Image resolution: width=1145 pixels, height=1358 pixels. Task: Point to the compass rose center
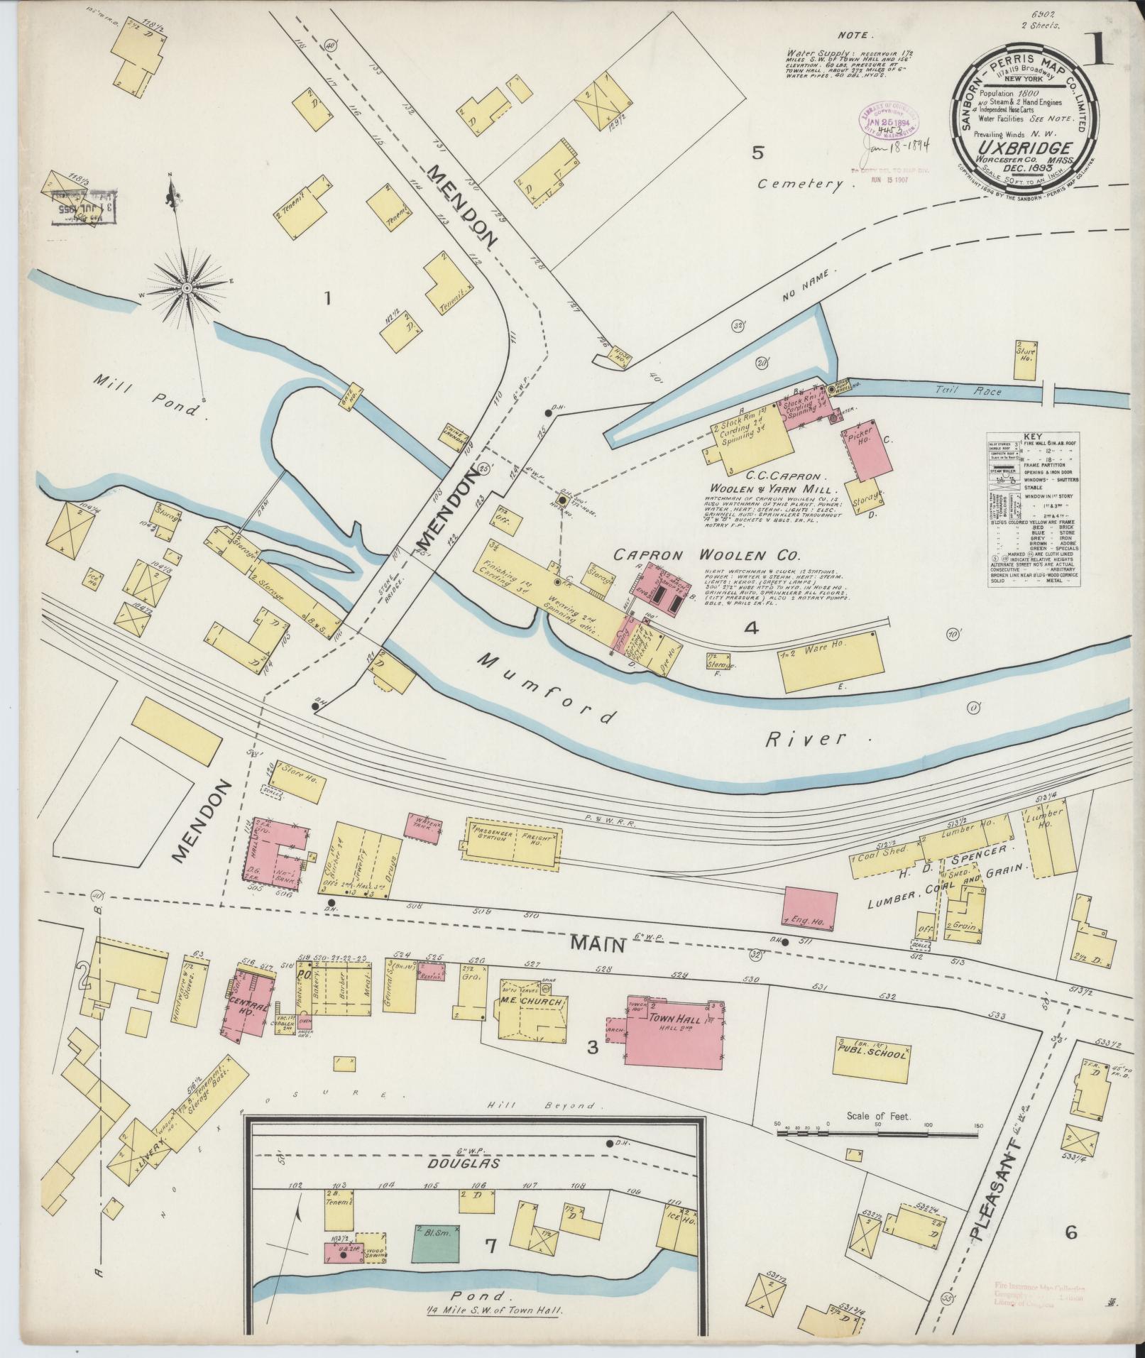click(186, 288)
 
